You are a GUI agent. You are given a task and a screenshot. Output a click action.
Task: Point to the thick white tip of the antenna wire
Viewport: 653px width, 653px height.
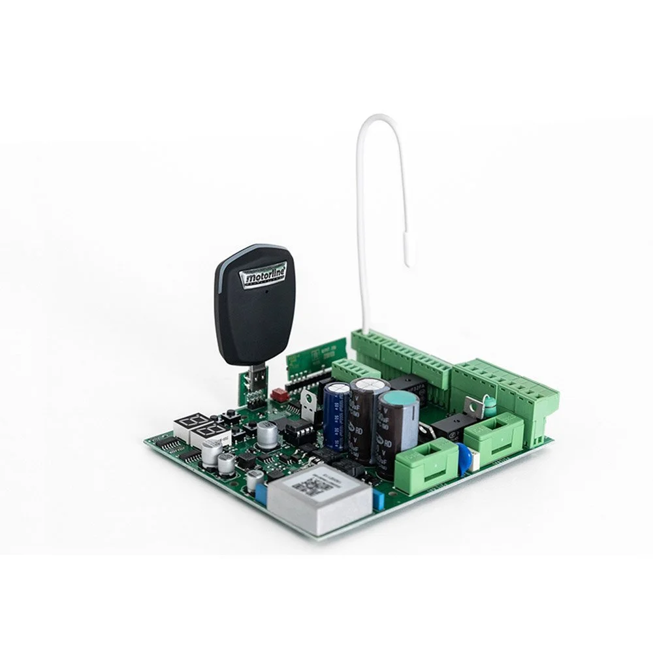point(407,251)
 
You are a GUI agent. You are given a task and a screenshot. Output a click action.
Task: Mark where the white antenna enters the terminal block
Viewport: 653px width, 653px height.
point(365,331)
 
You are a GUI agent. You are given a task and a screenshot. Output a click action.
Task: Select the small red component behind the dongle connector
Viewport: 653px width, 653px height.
point(279,394)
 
